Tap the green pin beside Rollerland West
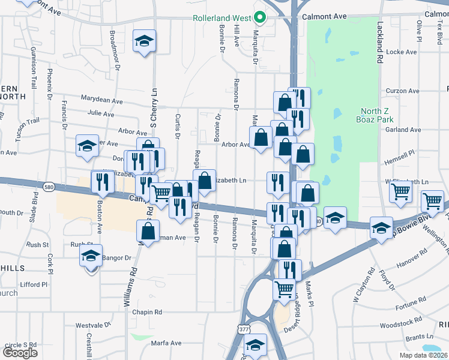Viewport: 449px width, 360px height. [x=260, y=17]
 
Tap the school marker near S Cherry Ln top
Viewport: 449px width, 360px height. [x=144, y=41]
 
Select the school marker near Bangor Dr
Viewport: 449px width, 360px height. [x=91, y=256]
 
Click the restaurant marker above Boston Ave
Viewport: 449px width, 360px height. [x=102, y=181]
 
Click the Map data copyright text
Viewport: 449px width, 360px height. [x=423, y=355]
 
